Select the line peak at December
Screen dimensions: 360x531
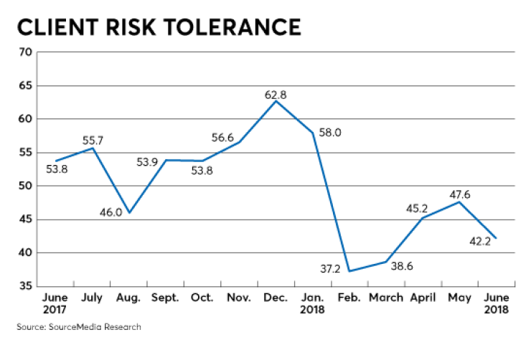click(276, 100)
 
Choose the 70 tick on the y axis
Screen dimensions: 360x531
click(24, 52)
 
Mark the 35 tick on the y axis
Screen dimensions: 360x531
click(24, 286)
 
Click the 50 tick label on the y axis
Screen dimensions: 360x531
click(24, 186)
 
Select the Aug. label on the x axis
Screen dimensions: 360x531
click(129, 298)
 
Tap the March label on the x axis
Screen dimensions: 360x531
click(385, 298)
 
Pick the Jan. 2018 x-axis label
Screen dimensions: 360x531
click(312, 304)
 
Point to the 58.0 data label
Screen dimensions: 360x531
click(332, 133)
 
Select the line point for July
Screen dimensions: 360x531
click(93, 148)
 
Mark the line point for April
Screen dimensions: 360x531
click(423, 218)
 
